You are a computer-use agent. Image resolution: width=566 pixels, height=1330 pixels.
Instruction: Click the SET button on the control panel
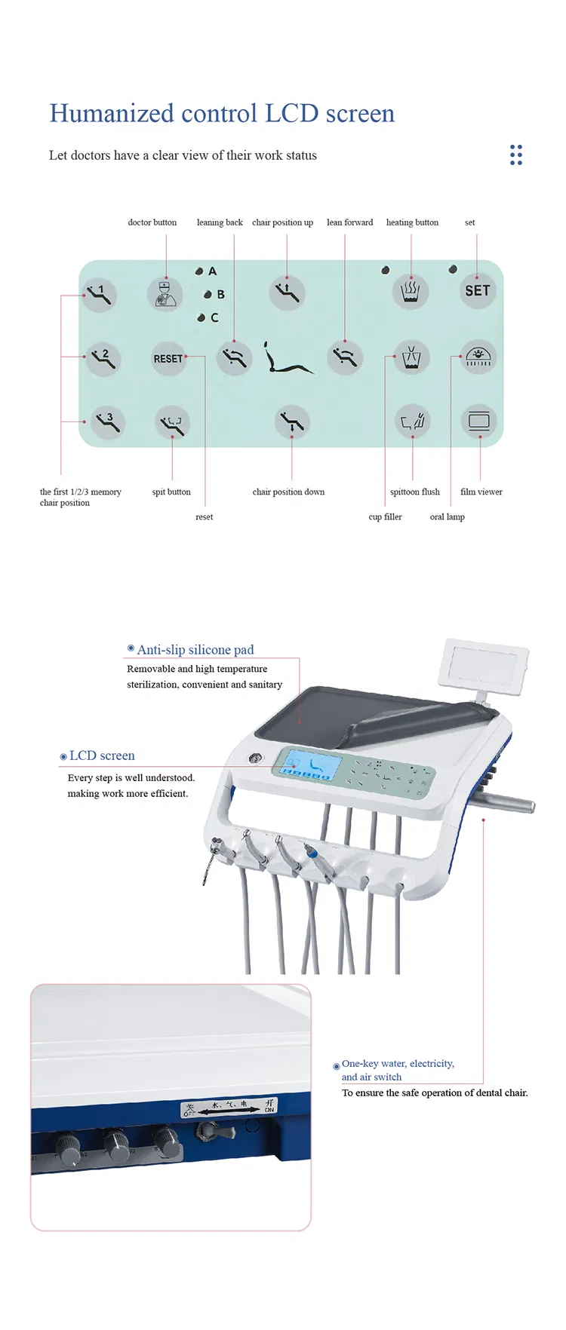point(477,290)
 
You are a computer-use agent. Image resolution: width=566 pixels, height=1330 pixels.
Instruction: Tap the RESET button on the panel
point(168,359)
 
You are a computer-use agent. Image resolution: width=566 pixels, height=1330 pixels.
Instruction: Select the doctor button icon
point(165,293)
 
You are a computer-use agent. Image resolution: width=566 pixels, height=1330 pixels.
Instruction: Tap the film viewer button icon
point(478,421)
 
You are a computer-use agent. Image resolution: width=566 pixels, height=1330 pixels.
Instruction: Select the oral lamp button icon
point(478,357)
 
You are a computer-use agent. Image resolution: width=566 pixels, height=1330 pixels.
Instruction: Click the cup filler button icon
point(411,357)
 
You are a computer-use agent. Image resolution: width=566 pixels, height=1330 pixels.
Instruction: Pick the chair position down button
point(291,422)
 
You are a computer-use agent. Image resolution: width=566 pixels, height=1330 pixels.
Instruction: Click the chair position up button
point(287,292)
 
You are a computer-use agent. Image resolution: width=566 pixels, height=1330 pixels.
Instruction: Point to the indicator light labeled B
point(208,295)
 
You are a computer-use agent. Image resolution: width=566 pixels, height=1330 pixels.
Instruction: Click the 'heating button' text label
point(412,222)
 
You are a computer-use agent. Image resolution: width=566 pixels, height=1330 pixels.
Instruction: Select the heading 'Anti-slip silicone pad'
point(195,649)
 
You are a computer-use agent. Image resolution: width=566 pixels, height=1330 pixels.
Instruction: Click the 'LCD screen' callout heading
point(102,755)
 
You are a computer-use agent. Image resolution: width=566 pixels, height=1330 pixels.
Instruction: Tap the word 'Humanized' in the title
point(112,113)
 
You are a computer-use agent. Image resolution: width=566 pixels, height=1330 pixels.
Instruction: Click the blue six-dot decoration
point(516,155)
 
